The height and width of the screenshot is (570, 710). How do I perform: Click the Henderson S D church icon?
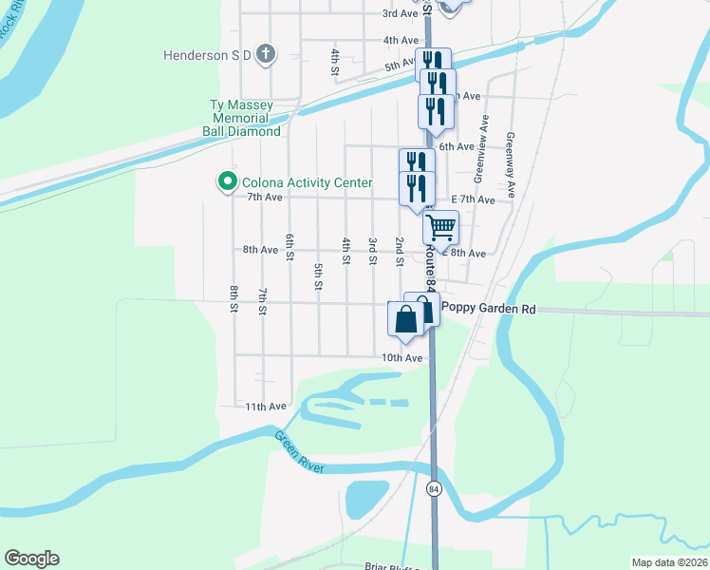click(x=266, y=55)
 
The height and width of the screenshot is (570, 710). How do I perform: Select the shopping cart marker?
click(x=440, y=228)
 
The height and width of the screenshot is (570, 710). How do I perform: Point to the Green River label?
click(x=300, y=453)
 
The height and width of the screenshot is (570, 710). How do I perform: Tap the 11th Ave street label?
click(x=266, y=407)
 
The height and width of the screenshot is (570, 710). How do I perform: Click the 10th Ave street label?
click(x=402, y=358)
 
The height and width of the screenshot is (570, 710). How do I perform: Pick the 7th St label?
click(x=262, y=300)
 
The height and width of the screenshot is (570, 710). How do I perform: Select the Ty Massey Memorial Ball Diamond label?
click(x=241, y=118)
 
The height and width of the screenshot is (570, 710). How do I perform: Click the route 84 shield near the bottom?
click(x=434, y=488)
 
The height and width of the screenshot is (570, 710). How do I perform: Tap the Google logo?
click(x=31, y=559)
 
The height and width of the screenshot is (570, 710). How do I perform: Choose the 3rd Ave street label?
click(x=400, y=13)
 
